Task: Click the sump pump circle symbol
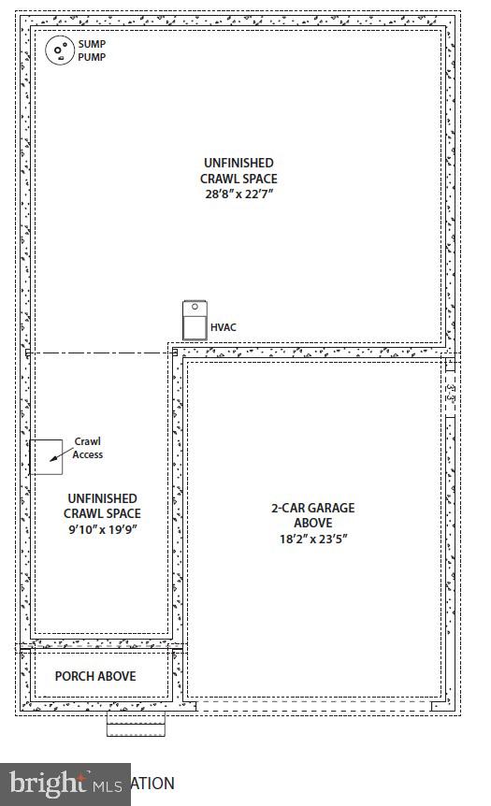click(60, 50)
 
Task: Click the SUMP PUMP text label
click(92, 50)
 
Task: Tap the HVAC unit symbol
click(195, 321)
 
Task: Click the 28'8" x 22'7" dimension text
click(238, 194)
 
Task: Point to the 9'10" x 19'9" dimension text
click(102, 529)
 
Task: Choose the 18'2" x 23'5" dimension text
click(312, 539)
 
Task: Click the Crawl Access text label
click(88, 448)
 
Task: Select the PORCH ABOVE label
click(94, 676)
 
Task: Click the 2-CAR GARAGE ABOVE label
click(312, 515)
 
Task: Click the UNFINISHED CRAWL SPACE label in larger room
click(238, 170)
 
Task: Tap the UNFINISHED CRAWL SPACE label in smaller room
click(102, 506)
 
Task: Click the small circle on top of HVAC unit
click(195, 307)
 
